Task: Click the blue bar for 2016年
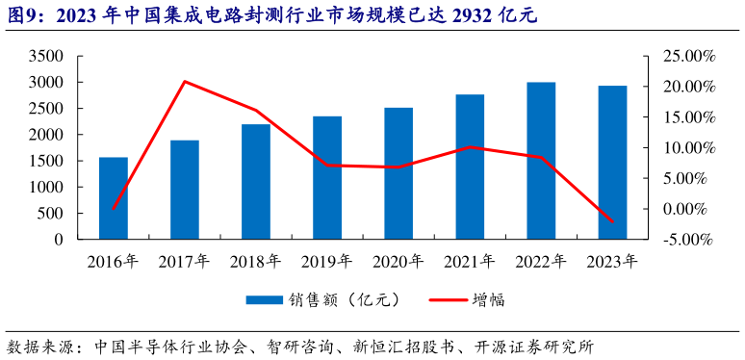pos(114,197)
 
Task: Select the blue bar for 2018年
pos(256,181)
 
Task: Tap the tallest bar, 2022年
pos(541,160)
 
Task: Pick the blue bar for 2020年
pos(398,172)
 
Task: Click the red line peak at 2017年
pos(185,82)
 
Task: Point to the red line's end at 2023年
pos(612,222)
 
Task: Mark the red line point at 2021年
pos(470,147)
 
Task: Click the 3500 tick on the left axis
pos(45,57)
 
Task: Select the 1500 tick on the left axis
pos(45,161)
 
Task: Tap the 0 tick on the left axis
pos(58,239)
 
